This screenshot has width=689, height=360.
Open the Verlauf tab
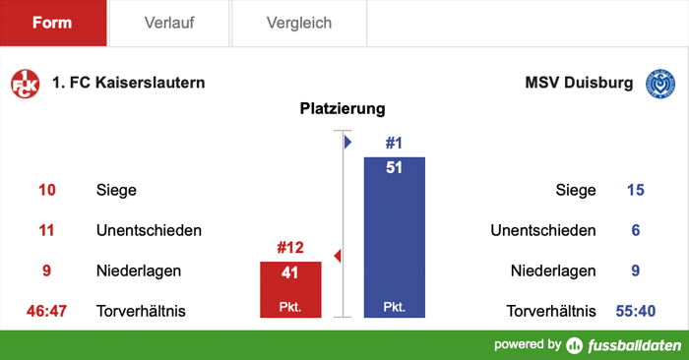168,23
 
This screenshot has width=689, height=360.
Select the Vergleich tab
299,23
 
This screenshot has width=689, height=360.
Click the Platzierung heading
343,109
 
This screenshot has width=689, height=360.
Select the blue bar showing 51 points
395,237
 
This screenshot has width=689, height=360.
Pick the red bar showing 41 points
290,289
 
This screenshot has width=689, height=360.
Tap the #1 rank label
395,144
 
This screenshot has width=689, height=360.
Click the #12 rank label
290,248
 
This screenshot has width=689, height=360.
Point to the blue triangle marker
347,143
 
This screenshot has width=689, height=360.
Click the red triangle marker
338,257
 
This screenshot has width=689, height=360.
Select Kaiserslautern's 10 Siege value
47,190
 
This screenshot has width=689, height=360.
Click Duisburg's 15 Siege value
635,190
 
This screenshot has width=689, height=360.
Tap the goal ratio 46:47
46,312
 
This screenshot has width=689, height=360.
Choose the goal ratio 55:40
635,312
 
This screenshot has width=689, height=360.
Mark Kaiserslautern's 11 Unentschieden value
47,230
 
